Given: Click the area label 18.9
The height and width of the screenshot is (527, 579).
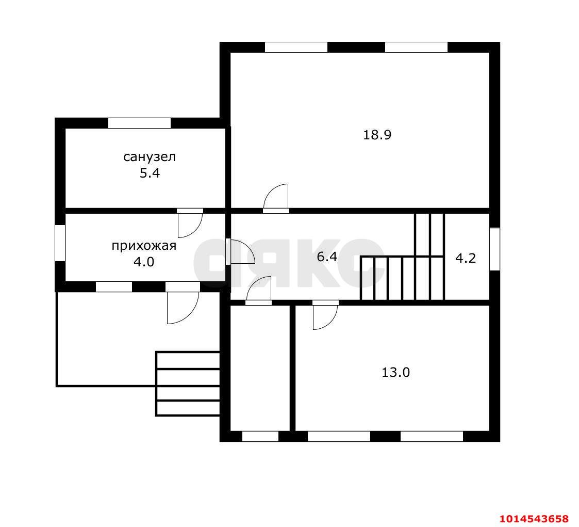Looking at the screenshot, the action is click(x=377, y=135).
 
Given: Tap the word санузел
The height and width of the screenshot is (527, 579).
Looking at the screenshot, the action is click(x=149, y=157).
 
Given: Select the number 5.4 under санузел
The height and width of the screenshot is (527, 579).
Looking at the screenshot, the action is click(x=150, y=173).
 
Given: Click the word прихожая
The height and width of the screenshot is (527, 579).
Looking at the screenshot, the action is click(x=144, y=246).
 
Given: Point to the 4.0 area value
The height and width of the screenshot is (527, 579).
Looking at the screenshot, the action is click(x=144, y=262).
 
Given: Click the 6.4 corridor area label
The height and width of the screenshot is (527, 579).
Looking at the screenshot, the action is click(x=327, y=257).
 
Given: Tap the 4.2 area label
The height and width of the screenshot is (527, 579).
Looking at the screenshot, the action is click(x=466, y=258).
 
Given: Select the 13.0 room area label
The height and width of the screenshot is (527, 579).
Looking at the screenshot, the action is click(x=395, y=372).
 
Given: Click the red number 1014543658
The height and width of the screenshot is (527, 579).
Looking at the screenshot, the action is click(x=534, y=518).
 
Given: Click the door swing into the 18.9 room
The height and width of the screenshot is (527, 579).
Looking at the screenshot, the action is click(x=276, y=198).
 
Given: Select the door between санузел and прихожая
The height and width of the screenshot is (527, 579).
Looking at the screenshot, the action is click(x=190, y=223).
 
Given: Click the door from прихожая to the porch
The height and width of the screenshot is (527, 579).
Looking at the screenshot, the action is click(x=183, y=303).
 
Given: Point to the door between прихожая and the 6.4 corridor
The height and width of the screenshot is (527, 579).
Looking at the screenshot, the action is click(x=240, y=252).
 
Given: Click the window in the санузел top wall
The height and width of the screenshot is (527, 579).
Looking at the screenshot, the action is click(x=139, y=123).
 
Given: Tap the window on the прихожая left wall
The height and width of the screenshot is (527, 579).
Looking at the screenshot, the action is click(x=60, y=243).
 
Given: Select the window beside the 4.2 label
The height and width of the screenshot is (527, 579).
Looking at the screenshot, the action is click(x=495, y=249).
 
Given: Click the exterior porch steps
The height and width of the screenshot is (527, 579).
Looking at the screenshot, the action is click(x=188, y=384).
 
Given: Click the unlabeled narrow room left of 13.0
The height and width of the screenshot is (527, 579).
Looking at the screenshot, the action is click(x=260, y=368).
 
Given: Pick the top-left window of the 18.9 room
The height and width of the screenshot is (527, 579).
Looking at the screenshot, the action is click(x=296, y=47).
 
